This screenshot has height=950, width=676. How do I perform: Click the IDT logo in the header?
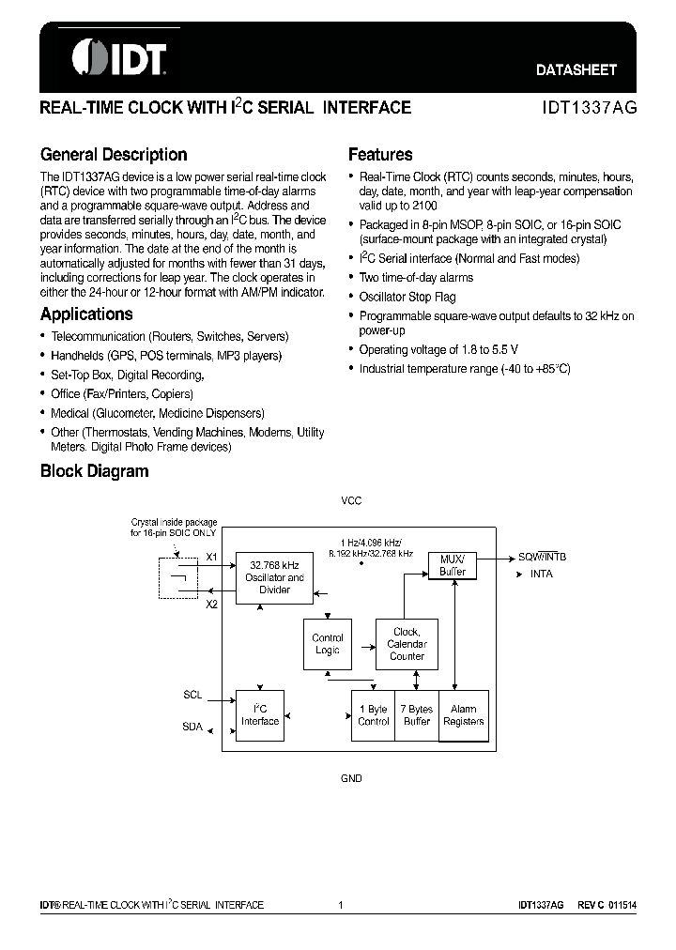point(118,58)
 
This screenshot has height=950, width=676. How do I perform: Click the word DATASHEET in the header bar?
point(576,69)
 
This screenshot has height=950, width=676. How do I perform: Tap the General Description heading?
point(114,155)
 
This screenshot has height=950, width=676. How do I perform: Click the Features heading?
point(380,155)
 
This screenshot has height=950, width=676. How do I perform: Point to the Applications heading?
point(86,314)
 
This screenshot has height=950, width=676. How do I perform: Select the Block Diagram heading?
point(94,471)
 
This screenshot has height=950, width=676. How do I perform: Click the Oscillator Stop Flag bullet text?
point(407,297)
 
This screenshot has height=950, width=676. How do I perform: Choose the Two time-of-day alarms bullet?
point(416,278)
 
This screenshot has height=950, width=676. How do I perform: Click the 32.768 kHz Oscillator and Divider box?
point(275,577)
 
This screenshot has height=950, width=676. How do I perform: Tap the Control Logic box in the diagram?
point(328,644)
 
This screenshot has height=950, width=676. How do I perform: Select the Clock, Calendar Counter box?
point(407,644)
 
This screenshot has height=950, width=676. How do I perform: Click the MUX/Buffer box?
point(453,565)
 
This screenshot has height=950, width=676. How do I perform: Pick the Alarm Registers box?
point(464,715)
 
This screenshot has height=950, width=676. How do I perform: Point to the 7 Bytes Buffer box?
point(417,715)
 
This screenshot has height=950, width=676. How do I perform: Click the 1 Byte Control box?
point(374,715)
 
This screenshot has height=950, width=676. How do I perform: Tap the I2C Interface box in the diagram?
point(260,714)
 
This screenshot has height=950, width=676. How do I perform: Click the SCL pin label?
point(192,697)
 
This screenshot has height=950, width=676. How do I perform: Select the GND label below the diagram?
point(350,779)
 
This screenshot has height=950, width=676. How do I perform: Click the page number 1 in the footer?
point(340,905)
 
